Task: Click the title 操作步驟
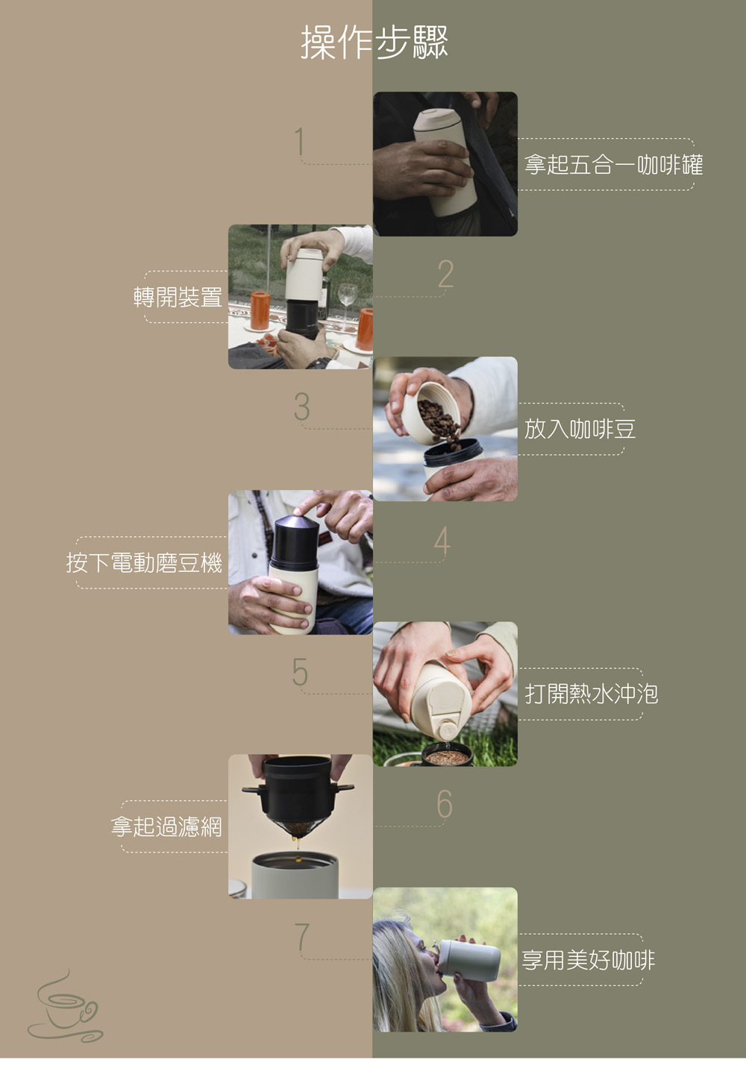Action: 374,43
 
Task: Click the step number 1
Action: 300,141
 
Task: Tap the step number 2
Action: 445,274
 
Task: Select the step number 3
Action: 302,406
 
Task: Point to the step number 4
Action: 442,541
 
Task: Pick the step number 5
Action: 300,671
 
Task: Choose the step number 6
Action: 445,804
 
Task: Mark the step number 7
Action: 302,937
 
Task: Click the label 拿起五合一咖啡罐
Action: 613,164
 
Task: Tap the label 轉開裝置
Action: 178,297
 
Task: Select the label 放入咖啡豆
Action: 580,429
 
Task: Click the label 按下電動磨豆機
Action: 144,562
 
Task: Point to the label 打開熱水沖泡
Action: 592,694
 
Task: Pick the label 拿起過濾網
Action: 166,827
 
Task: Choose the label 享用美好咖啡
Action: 589,960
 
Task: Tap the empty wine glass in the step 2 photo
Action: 347,304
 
